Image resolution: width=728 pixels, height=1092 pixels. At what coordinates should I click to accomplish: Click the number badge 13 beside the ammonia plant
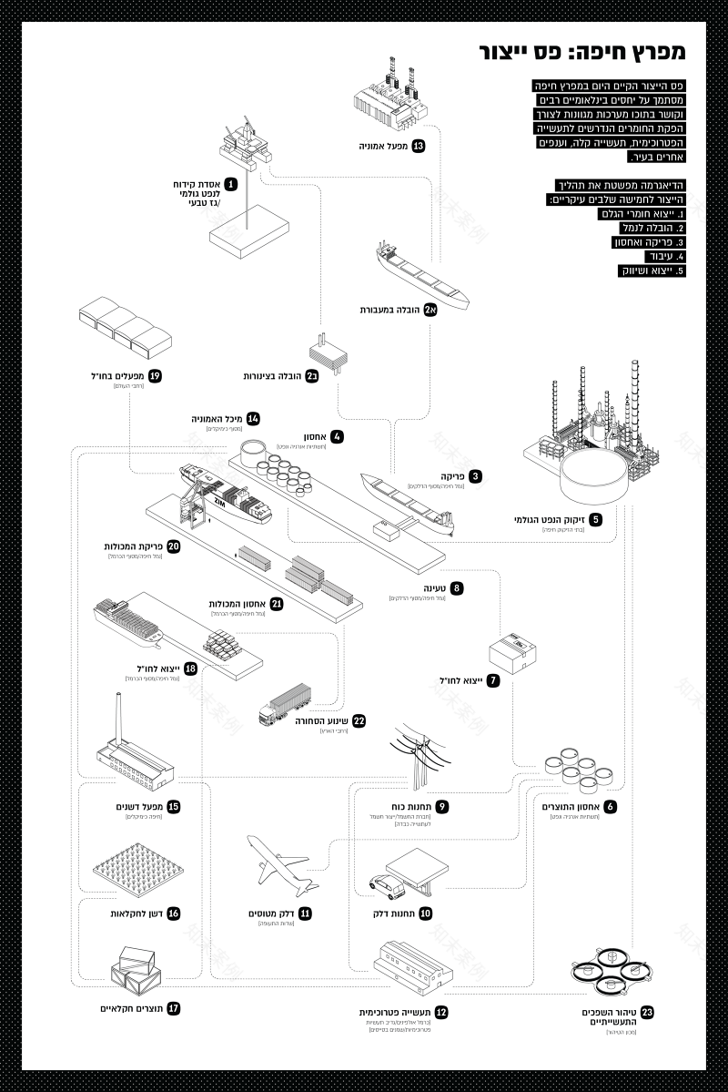419,146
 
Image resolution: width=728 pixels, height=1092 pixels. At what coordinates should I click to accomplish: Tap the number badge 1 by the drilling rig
231,184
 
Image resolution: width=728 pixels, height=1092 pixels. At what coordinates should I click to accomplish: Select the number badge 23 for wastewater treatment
647,1013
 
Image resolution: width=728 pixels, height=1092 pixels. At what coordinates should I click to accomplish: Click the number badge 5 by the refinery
595,520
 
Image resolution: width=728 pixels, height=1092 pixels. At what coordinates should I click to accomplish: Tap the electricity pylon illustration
420,758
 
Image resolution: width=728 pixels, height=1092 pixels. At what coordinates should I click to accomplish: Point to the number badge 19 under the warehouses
155,375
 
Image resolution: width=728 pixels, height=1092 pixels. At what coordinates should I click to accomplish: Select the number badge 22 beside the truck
359,720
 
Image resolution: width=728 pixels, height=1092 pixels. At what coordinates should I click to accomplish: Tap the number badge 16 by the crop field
173,913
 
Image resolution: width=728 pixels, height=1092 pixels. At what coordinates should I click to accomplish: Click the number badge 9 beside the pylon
441,807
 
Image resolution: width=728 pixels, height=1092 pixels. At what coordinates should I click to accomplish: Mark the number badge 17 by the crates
173,1008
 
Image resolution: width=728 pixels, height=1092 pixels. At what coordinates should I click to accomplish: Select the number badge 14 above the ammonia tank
253,418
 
